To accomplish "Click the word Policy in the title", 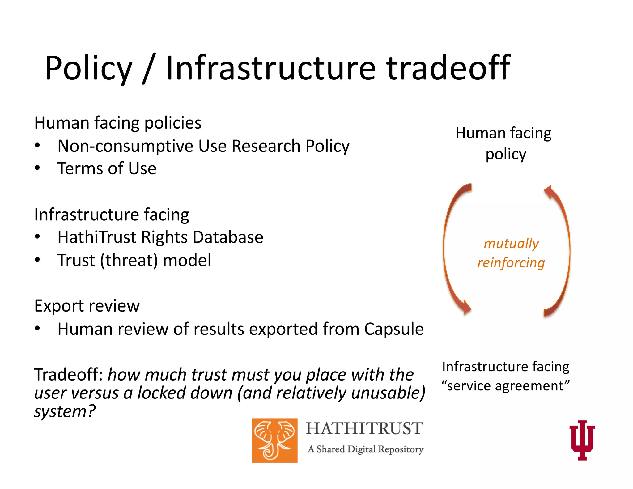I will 88,69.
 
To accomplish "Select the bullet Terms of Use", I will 107,169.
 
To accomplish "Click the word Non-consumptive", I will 125,146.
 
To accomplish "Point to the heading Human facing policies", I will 117,123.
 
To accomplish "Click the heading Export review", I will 87,306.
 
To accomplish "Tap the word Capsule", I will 393,329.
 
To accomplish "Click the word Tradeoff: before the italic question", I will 68,375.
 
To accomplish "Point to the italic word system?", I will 65,412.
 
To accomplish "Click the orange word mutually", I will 511,244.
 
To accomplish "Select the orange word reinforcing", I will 511,263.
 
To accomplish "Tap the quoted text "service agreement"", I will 506,386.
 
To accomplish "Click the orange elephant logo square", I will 274,440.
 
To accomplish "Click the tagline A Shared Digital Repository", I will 365,449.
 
